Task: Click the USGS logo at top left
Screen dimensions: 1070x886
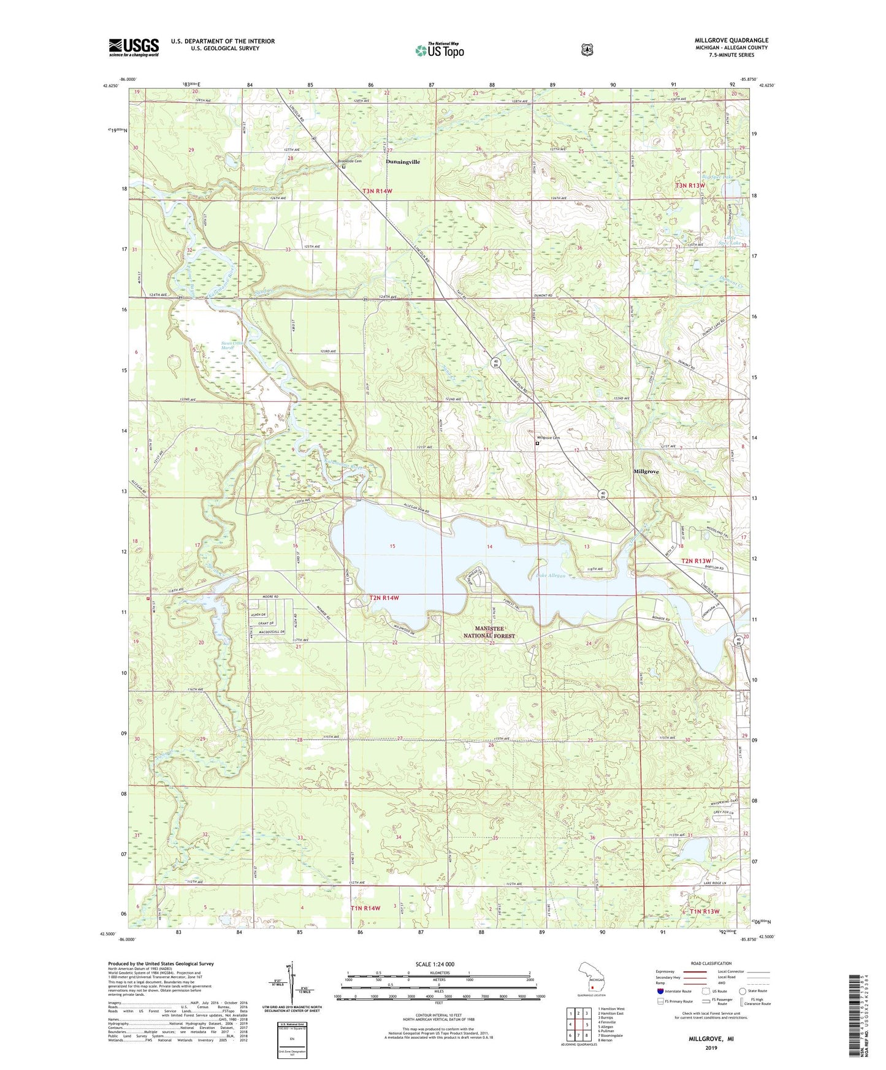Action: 134,47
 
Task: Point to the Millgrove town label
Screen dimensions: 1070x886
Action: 646,472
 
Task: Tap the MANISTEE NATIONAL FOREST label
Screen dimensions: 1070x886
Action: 489,632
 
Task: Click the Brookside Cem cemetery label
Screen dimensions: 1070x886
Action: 350,161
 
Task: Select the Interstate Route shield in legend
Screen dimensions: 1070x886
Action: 660,990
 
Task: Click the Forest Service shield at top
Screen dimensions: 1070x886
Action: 587,49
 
